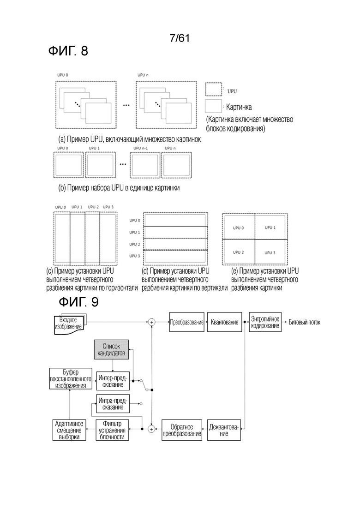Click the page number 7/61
tap(180, 38)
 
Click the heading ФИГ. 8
tap(68, 51)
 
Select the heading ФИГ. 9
tap(78, 302)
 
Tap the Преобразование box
tap(186, 322)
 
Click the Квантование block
tap(225, 322)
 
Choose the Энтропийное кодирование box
tap(265, 322)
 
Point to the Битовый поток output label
tap(305, 323)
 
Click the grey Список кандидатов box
tap(111, 350)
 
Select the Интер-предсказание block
tap(113, 381)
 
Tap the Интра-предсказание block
tap(113, 403)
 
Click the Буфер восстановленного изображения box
tap(71, 378)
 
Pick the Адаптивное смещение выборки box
tap(69, 430)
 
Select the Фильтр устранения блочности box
tap(112, 430)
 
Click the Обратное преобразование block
tap(182, 430)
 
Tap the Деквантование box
tap(224, 430)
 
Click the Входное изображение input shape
tap(68, 324)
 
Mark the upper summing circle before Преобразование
tap(151, 322)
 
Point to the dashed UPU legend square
tap(214, 89)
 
